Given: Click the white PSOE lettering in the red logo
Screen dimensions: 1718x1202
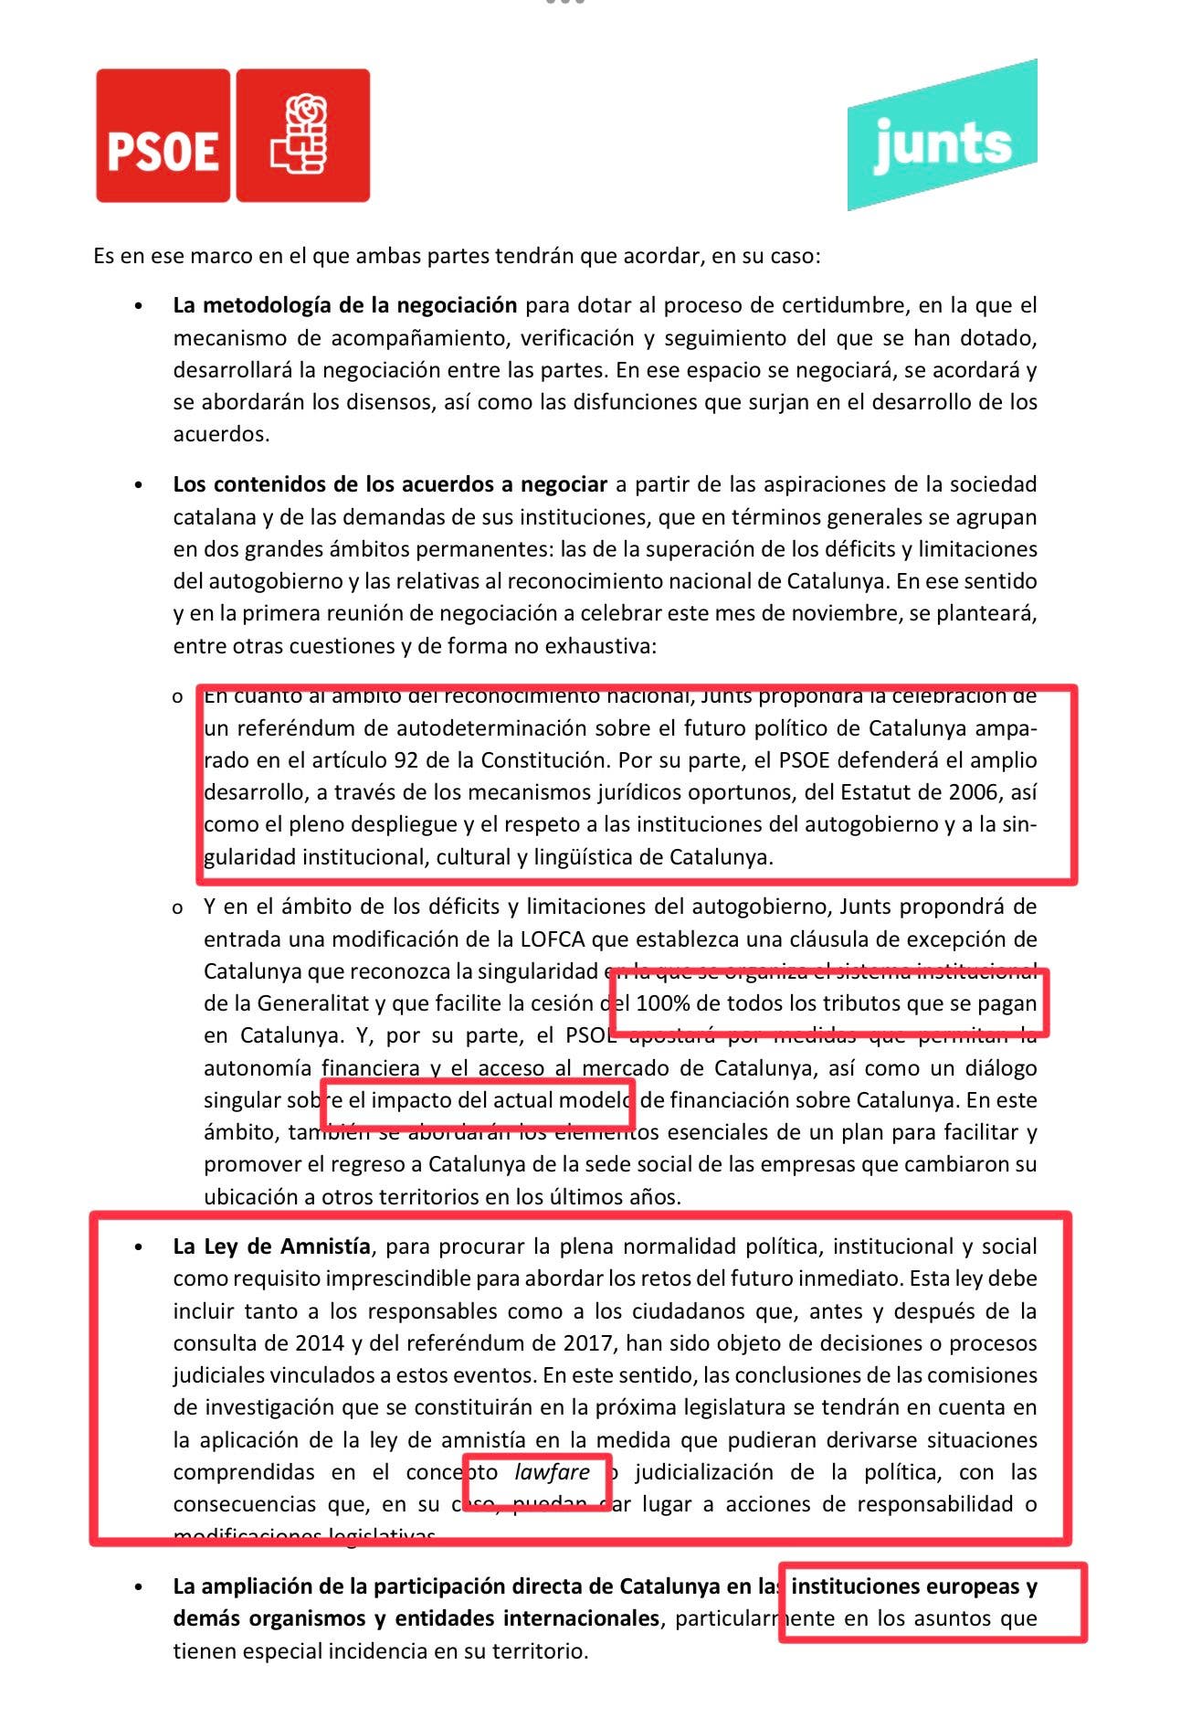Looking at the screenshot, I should pos(163,151).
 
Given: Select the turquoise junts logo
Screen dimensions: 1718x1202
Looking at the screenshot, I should pos(942,137).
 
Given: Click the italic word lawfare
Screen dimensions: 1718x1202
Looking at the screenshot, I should pos(552,1471).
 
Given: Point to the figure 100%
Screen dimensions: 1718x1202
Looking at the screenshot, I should pos(662,1002).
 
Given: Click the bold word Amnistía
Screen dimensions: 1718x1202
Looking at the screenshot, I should pos(325,1246).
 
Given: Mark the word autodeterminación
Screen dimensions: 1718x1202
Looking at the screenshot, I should pos(477,728).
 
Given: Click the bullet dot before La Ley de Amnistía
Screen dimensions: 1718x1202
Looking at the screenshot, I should pos(138,1247).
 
